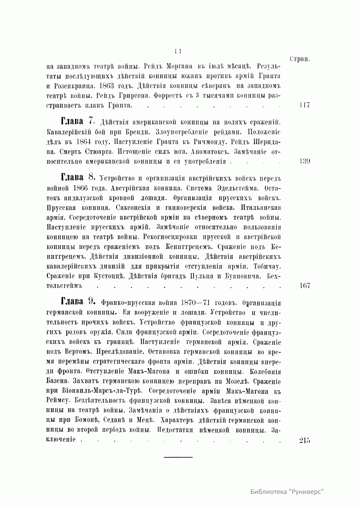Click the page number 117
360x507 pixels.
[x=304, y=105]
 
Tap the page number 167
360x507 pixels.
[x=304, y=285]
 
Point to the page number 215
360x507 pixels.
[x=304, y=440]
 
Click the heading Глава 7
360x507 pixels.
[x=78, y=122]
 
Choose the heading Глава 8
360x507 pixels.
[x=78, y=178]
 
